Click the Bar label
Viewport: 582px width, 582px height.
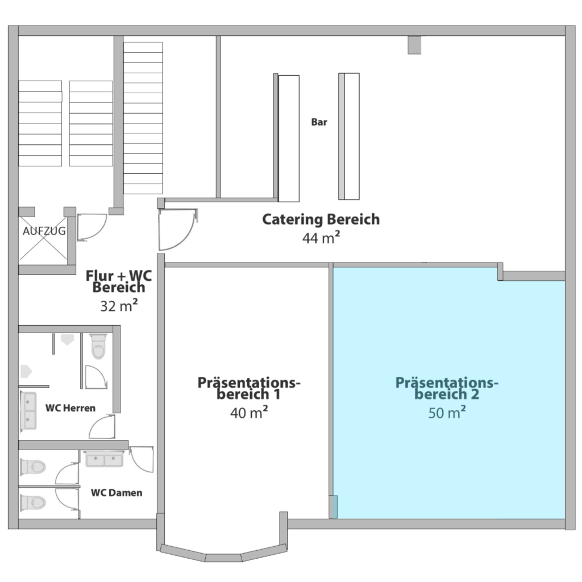tap(319, 122)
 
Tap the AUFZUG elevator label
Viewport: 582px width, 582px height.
tap(44, 231)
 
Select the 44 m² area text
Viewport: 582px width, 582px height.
tap(321, 238)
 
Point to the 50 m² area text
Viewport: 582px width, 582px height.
tap(447, 413)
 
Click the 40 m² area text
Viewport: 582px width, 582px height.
tap(249, 413)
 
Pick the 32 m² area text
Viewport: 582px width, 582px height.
tap(119, 306)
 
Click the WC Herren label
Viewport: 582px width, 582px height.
tap(70, 408)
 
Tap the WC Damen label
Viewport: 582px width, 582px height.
tap(117, 493)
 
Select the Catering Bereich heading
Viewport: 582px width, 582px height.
tap(321, 219)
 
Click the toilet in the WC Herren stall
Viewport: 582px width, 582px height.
tap(98, 347)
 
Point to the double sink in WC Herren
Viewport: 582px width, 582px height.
tap(28, 411)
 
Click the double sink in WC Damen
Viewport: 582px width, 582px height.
tap(105, 459)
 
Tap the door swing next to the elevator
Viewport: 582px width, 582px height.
tap(92, 227)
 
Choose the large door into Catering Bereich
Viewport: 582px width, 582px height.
tap(177, 230)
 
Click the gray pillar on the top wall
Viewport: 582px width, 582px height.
tap(414, 45)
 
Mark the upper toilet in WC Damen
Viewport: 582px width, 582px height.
tap(33, 467)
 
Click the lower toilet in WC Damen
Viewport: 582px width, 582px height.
tap(33, 502)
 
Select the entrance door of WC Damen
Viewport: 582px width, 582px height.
tap(142, 459)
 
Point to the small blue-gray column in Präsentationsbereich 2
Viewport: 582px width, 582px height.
tap(334, 506)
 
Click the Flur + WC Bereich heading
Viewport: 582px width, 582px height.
tap(119, 281)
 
